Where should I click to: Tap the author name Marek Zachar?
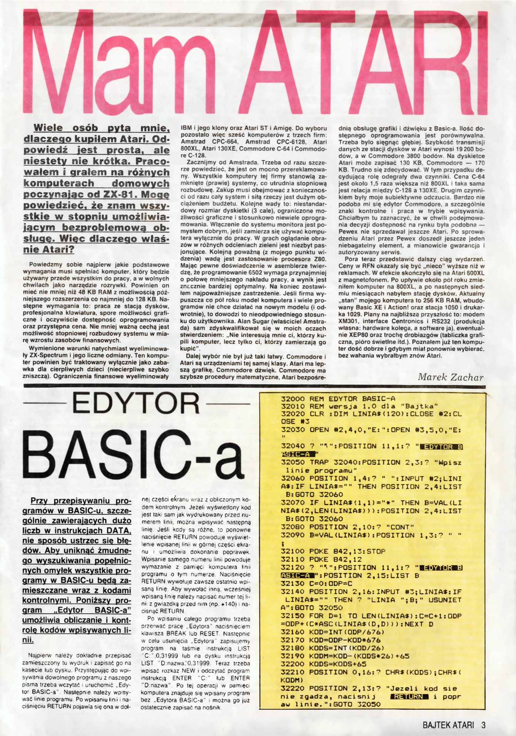tap(450, 377)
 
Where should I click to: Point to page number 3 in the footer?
tap(483, 725)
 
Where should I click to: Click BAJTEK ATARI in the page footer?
tap(448, 725)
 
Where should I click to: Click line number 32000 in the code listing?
tap(293, 399)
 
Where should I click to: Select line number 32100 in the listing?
tap(293, 551)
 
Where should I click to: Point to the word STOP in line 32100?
tap(376, 551)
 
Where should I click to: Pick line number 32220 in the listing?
tap(293, 689)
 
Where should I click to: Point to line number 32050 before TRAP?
tap(293, 463)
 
